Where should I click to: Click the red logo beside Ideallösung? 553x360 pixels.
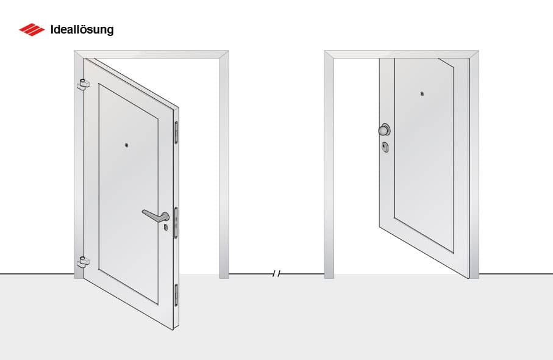(32, 29)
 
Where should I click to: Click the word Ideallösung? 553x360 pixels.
(82, 29)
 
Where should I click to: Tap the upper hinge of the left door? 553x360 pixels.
(82, 84)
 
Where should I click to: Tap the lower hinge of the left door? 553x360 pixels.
(82, 262)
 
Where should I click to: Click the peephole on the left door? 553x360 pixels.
(126, 145)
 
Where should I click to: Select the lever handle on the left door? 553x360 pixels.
(156, 215)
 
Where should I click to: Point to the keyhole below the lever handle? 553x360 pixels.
(165, 227)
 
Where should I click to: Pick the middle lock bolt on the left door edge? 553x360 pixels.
(177, 222)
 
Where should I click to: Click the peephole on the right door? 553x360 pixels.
(422, 94)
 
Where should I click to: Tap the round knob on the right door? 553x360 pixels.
(384, 129)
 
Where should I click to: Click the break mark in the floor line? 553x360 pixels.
(277, 274)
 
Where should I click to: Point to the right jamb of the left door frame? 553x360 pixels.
(224, 171)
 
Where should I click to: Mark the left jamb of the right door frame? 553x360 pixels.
(329, 171)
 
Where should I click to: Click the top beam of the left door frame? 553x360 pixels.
(152, 54)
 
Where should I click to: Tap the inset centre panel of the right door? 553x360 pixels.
(424, 153)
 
